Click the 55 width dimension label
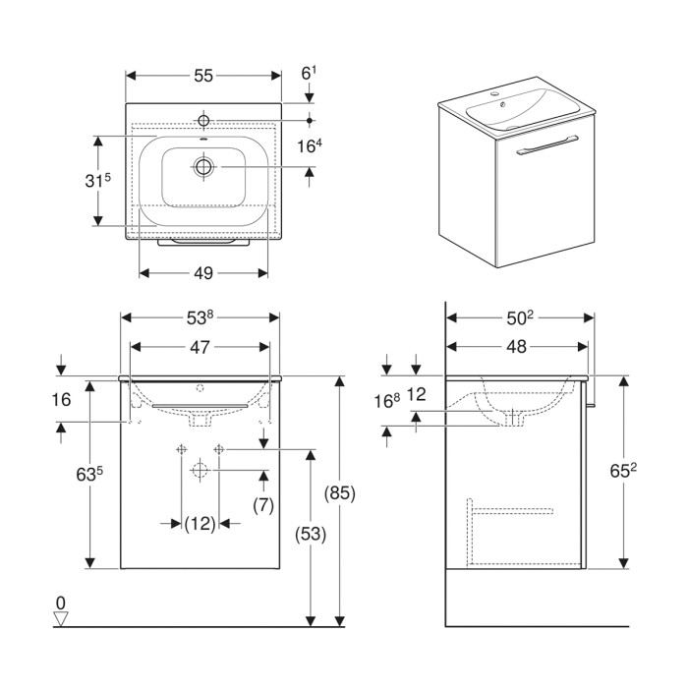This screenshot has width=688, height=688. pyautogui.click(x=203, y=76)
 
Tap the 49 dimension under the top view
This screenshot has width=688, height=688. pyautogui.click(x=203, y=273)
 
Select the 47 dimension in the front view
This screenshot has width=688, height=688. pyautogui.click(x=200, y=348)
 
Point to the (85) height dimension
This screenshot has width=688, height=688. pyautogui.click(x=340, y=493)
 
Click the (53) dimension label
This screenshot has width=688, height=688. pyautogui.click(x=311, y=534)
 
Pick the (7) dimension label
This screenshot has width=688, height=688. pyautogui.click(x=263, y=505)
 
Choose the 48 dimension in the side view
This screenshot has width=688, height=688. pyautogui.click(x=516, y=347)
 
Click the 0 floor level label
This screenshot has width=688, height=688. pyautogui.click(x=61, y=602)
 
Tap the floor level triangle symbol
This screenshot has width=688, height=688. pyautogui.click(x=61, y=619)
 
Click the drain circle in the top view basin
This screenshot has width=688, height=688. pyautogui.click(x=203, y=167)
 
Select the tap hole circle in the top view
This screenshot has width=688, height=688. pyautogui.click(x=203, y=120)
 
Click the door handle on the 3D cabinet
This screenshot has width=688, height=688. pyautogui.click(x=547, y=145)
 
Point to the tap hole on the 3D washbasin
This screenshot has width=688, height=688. pyautogui.click(x=495, y=94)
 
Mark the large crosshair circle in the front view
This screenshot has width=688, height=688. pyautogui.click(x=200, y=470)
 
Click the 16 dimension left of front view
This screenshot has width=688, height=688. pyautogui.click(x=61, y=400)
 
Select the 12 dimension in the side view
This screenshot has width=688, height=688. pyautogui.click(x=416, y=394)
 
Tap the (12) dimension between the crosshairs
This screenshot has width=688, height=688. pyautogui.click(x=201, y=524)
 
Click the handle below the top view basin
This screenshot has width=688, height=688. pyautogui.click(x=203, y=242)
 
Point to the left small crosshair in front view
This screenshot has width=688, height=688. pyautogui.click(x=181, y=449)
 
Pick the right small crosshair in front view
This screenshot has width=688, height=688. pyautogui.click(x=219, y=449)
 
